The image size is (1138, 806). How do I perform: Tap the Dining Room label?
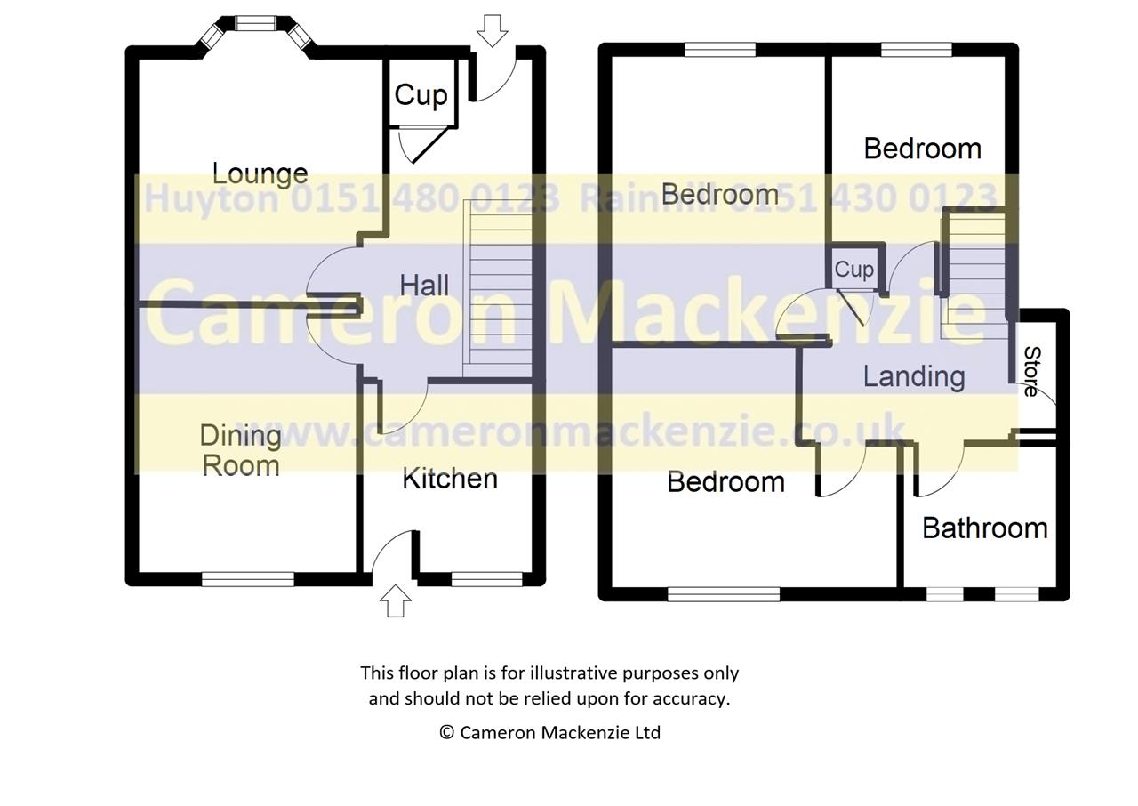241,450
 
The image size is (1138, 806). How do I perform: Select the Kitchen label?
450,479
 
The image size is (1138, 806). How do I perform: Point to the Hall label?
424,285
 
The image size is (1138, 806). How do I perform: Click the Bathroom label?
984,528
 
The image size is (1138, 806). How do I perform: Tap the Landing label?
914,377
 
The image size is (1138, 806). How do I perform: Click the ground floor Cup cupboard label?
421,95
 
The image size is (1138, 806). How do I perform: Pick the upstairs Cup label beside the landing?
854,270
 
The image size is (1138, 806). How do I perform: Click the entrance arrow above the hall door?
492,31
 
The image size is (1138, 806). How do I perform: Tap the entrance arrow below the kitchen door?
396,600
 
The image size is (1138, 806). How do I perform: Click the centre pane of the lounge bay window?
255,23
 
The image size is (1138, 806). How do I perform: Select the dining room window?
248,579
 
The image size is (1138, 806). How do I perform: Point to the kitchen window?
486,579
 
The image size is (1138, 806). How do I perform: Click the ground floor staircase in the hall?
497,288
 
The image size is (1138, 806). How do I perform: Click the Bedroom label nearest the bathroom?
725,482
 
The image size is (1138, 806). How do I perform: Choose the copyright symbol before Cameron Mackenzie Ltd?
446,732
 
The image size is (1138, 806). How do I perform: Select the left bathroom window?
944,594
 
